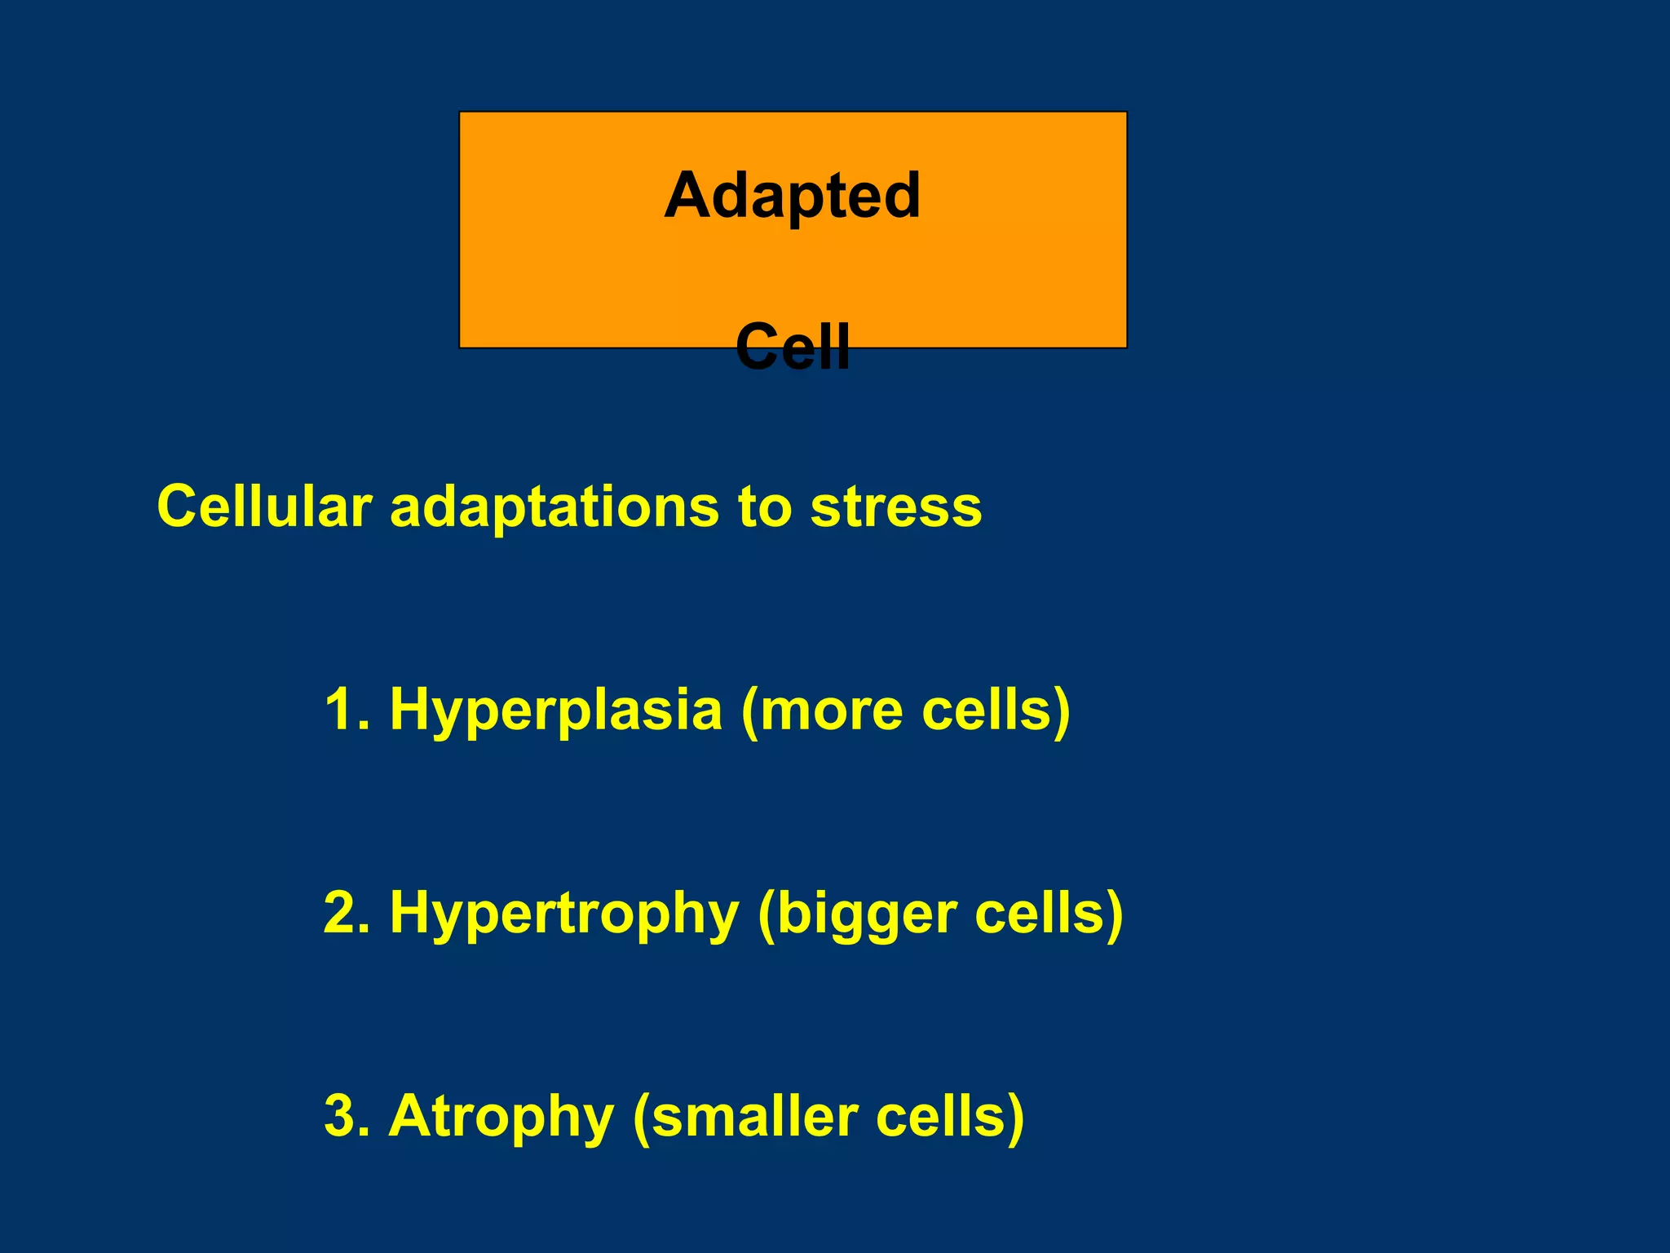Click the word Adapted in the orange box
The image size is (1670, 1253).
[792, 197]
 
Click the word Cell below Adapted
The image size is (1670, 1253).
[792, 347]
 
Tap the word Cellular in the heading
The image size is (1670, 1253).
[264, 507]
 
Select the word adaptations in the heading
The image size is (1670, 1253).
[554, 507]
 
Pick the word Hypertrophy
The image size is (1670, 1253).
[563, 914]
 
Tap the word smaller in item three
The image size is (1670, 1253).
[755, 1116]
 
